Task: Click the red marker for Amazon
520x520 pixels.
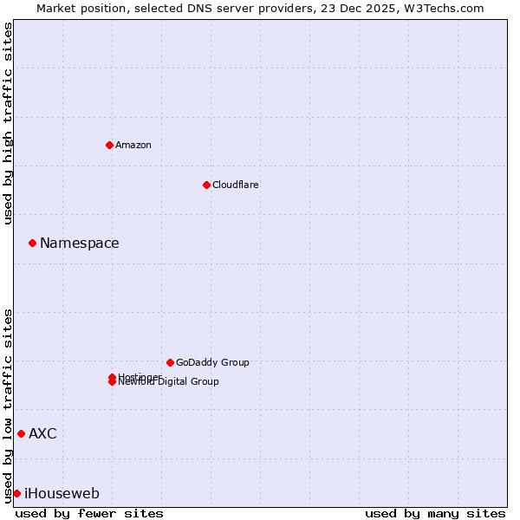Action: [110, 145]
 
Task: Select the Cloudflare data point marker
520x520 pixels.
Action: [206, 185]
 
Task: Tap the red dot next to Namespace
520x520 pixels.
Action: [32, 243]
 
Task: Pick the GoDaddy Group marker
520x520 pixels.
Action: [170, 362]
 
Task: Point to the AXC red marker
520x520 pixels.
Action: [21, 433]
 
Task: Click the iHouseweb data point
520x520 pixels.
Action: [16, 493]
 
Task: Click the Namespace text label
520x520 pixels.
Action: [80, 244]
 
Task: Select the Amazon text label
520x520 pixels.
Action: [133, 146]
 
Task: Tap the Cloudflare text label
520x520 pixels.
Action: [236, 185]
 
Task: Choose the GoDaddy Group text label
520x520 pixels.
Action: [212, 363]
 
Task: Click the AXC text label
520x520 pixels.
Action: [42, 434]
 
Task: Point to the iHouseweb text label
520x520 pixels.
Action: [62, 494]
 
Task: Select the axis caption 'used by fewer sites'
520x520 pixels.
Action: [89, 513]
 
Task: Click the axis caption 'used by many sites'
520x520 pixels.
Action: [435, 513]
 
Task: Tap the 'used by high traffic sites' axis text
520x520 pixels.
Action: [8, 123]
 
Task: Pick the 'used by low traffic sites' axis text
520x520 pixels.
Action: [8, 405]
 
